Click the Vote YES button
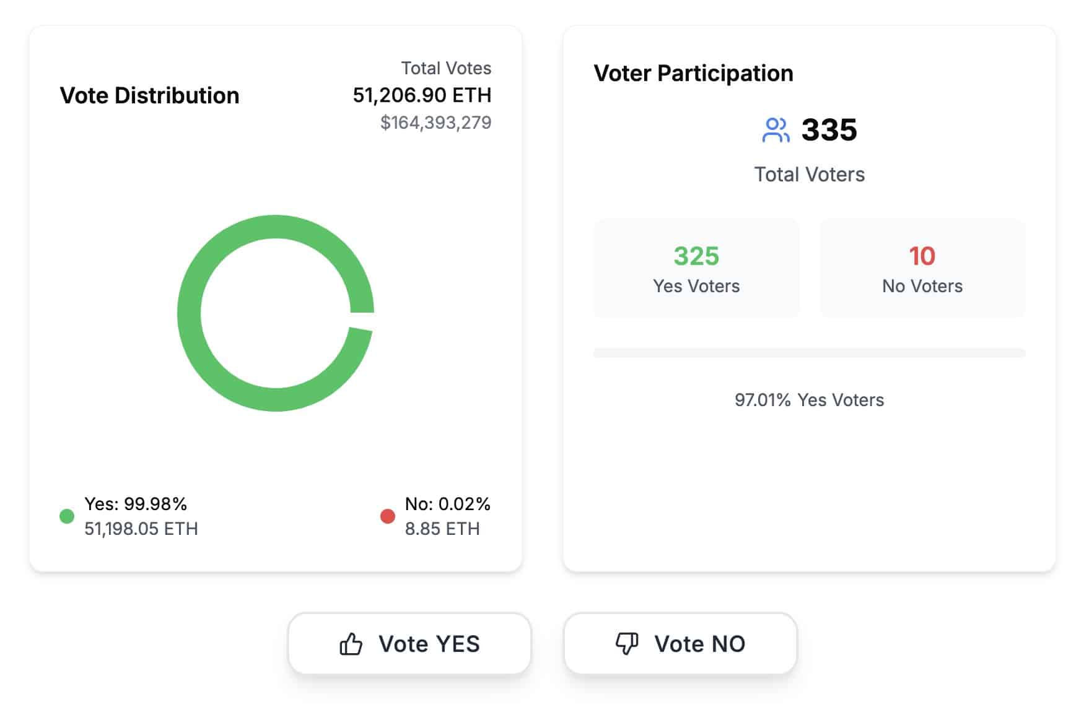409,644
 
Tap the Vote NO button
680,644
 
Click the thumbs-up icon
351,644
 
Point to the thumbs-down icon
627,643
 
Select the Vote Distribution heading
149,95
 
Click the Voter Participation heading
693,73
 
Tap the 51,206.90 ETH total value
422,95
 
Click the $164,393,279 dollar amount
435,123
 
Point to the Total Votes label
446,68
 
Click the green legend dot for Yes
67,516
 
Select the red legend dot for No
388,516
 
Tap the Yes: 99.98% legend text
136,504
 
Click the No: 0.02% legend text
447,504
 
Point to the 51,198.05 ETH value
141,529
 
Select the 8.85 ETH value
442,529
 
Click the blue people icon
776,130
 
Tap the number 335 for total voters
829,130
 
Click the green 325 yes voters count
696,256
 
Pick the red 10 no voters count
922,256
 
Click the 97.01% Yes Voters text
809,400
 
